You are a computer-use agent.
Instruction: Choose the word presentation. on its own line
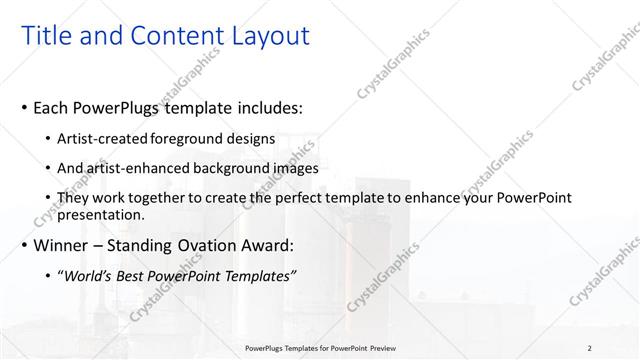(102, 214)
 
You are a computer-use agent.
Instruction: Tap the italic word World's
(88, 275)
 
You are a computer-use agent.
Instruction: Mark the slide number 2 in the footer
(590, 348)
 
